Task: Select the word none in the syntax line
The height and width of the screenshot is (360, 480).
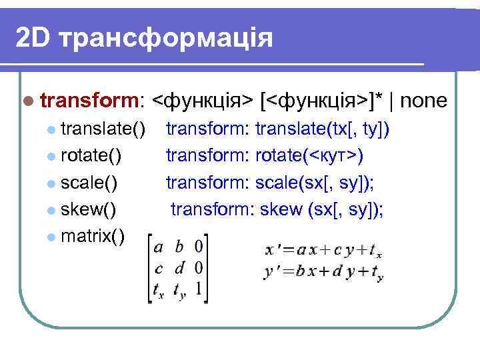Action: click(x=426, y=101)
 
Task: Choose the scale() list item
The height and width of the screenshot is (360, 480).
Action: click(x=89, y=182)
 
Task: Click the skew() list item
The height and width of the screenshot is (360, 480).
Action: click(x=88, y=209)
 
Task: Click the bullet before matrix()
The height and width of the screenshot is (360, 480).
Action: click(x=52, y=237)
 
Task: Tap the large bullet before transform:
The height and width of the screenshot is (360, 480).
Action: click(x=27, y=102)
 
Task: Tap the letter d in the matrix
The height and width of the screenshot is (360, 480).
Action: click(x=178, y=269)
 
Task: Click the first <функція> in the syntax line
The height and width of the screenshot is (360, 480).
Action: click(x=203, y=101)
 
